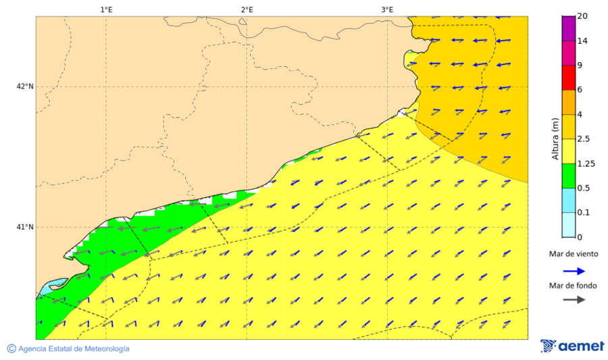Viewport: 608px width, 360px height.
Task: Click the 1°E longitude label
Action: [x=106, y=9]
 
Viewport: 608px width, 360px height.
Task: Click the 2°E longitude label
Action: [x=247, y=9]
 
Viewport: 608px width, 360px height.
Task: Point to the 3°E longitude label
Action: [x=387, y=9]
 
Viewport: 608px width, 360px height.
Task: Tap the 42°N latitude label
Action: [x=25, y=86]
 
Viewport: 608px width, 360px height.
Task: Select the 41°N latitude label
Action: [x=25, y=227]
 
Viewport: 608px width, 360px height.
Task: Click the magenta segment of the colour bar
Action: [x=568, y=28]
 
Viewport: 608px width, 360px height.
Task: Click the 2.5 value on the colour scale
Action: [x=585, y=139]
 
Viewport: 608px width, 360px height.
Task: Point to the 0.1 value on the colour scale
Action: [x=583, y=212]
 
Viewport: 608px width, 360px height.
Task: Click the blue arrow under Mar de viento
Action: [x=574, y=271]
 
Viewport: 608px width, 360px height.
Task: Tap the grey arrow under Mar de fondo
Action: [x=574, y=299]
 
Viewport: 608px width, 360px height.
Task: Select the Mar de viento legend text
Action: [x=574, y=255]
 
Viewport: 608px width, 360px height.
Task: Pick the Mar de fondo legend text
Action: [x=574, y=285]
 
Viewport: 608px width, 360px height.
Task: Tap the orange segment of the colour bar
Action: [x=568, y=102]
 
